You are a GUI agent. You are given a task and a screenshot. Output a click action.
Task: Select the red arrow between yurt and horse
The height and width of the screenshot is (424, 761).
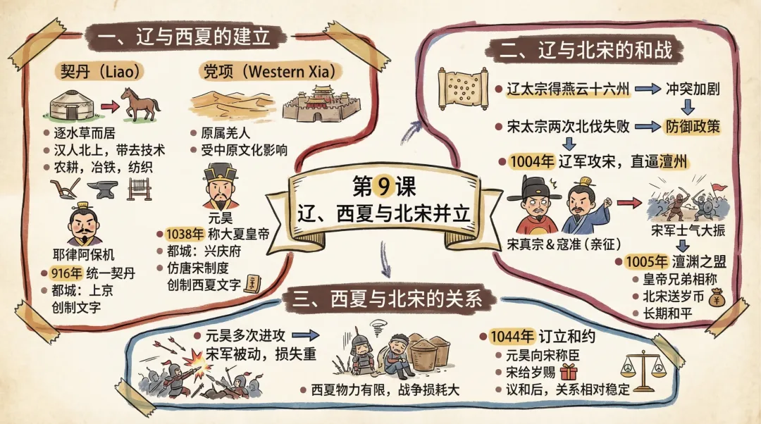(x=108, y=106)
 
